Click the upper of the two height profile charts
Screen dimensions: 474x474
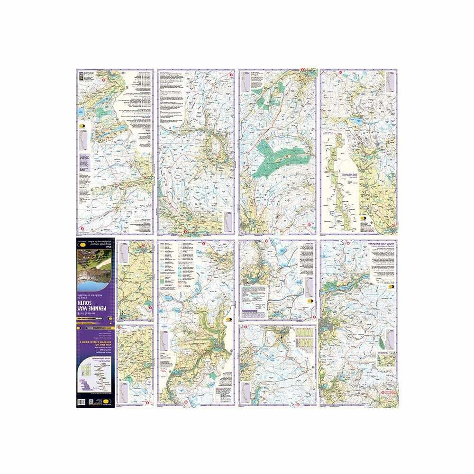click(x=302, y=335)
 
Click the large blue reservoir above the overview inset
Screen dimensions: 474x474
click(x=355, y=121)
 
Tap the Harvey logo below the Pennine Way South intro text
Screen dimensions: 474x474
click(x=392, y=286)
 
